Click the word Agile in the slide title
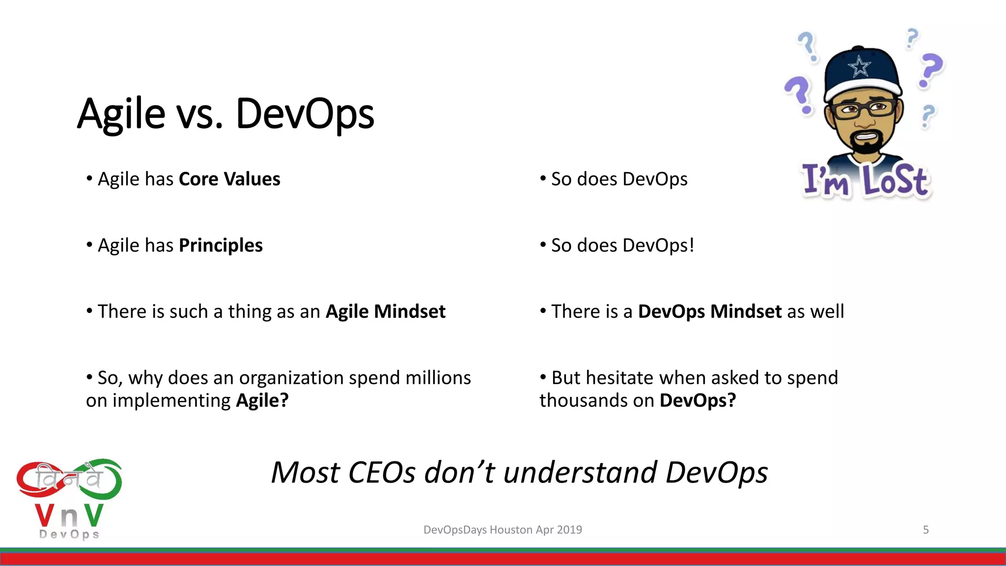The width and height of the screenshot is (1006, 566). point(121,114)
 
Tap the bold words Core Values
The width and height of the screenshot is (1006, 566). point(229,179)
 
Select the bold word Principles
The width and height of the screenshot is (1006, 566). point(221,245)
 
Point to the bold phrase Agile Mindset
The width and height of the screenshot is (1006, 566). point(386,311)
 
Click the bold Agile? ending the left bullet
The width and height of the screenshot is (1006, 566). point(262,400)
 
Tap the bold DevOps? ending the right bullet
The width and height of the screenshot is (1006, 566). point(698,400)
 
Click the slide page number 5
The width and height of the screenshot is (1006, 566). point(925,530)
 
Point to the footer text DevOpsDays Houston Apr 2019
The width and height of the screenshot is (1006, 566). point(503,530)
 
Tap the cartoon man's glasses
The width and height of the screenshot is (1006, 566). point(863,108)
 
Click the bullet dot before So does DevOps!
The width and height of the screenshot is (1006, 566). point(543,244)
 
